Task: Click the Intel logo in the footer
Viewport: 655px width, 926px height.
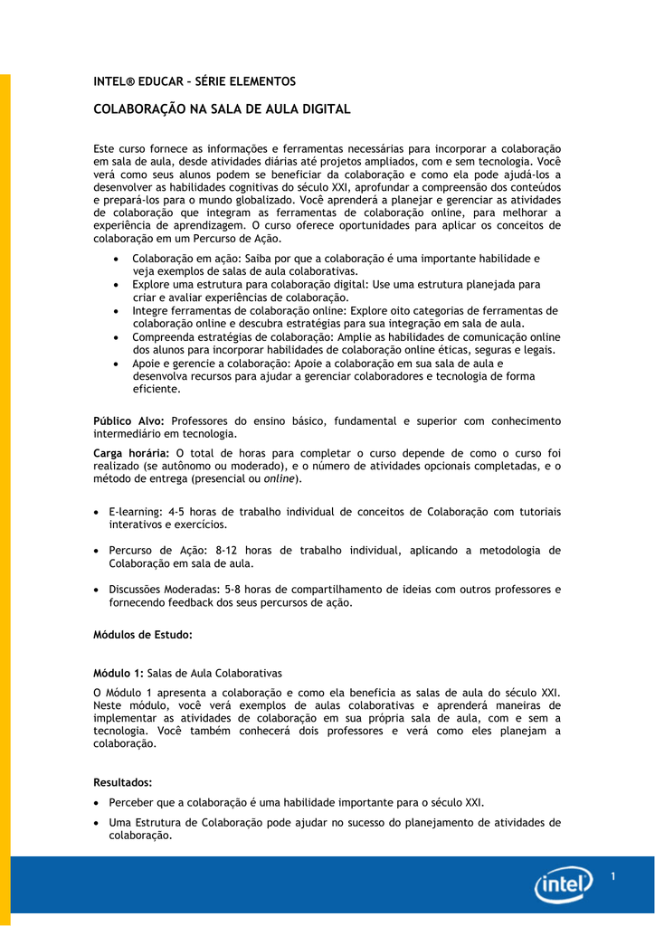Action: pyautogui.click(x=564, y=883)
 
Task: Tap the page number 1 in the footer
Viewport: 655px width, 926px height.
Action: pyautogui.click(x=613, y=876)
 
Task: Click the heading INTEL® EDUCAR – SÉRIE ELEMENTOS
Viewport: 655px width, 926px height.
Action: pyautogui.click(x=195, y=81)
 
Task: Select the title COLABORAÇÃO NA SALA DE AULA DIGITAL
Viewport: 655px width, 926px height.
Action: pyautogui.click(x=222, y=109)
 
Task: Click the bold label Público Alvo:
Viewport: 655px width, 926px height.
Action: pyautogui.click(x=129, y=420)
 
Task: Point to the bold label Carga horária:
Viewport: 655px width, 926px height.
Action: pyautogui.click(x=132, y=453)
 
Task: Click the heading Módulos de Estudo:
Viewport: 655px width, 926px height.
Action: pyautogui.click(x=143, y=635)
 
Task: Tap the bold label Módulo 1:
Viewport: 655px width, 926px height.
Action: pyautogui.click(x=119, y=674)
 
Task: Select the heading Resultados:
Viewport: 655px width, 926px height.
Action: pyautogui.click(x=123, y=782)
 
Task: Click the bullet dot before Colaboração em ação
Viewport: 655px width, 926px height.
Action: pyautogui.click(x=120, y=259)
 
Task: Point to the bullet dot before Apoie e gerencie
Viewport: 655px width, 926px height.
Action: pyautogui.click(x=120, y=364)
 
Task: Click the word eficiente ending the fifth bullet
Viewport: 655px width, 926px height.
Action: pyautogui.click(x=157, y=389)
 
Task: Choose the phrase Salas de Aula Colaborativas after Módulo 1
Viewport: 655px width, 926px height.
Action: pyautogui.click(x=214, y=674)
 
